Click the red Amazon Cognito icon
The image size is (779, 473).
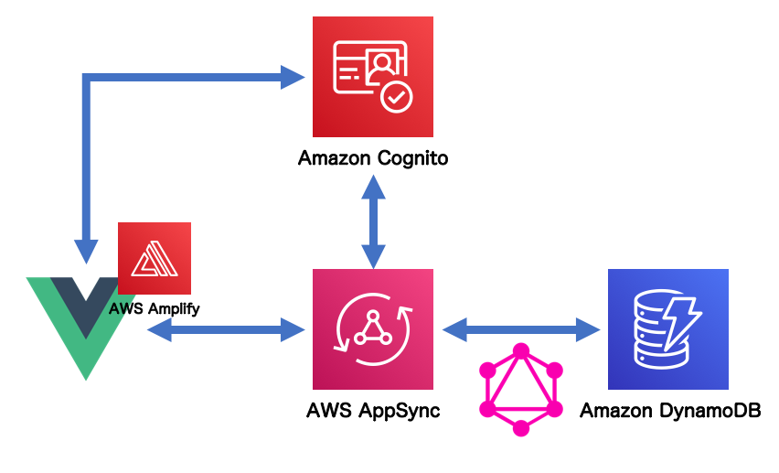coord(372,76)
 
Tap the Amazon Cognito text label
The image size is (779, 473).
coord(372,158)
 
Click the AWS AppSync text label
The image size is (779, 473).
coord(372,411)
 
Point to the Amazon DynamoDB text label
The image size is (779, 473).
coord(670,411)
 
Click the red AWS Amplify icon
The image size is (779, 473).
coord(155,259)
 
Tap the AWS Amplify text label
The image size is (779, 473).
coord(154,309)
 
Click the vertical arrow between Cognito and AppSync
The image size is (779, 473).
coord(372,220)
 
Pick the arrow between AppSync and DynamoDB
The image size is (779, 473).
coord(520,327)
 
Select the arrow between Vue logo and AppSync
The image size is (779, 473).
coord(226,328)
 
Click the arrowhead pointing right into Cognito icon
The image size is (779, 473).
coord(293,77)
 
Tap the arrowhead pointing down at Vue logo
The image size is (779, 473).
coord(86,250)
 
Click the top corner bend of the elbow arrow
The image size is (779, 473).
coord(87,78)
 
